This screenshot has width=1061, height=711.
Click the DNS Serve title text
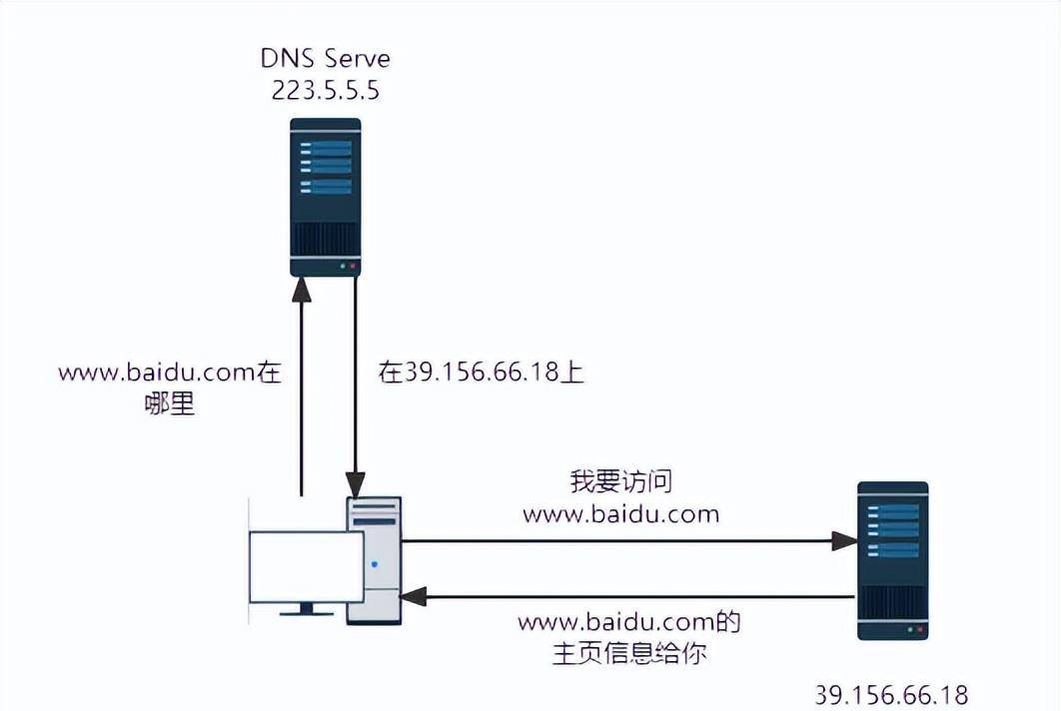point(326,58)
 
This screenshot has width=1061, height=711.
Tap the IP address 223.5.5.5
point(326,91)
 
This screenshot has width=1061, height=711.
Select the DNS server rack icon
point(325,197)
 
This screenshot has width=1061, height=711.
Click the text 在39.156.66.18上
point(481,372)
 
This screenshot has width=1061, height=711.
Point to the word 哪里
point(170,404)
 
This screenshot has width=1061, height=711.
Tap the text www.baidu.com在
point(170,372)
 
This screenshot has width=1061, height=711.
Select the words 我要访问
point(620,481)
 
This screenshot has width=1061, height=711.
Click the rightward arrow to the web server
point(629,541)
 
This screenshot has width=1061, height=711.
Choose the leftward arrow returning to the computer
point(629,596)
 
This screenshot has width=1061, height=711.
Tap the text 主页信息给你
point(629,655)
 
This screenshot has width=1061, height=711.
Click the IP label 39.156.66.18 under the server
point(891,694)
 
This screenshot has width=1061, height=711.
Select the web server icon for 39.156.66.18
point(892,560)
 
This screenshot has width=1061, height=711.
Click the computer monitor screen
point(306,566)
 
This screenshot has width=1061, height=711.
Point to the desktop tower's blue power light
point(375,564)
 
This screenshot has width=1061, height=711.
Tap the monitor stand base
point(306,612)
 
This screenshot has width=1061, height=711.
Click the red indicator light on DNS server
point(353,267)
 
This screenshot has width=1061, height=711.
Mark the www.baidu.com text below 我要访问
point(621,514)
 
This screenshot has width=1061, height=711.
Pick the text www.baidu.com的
point(629,623)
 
